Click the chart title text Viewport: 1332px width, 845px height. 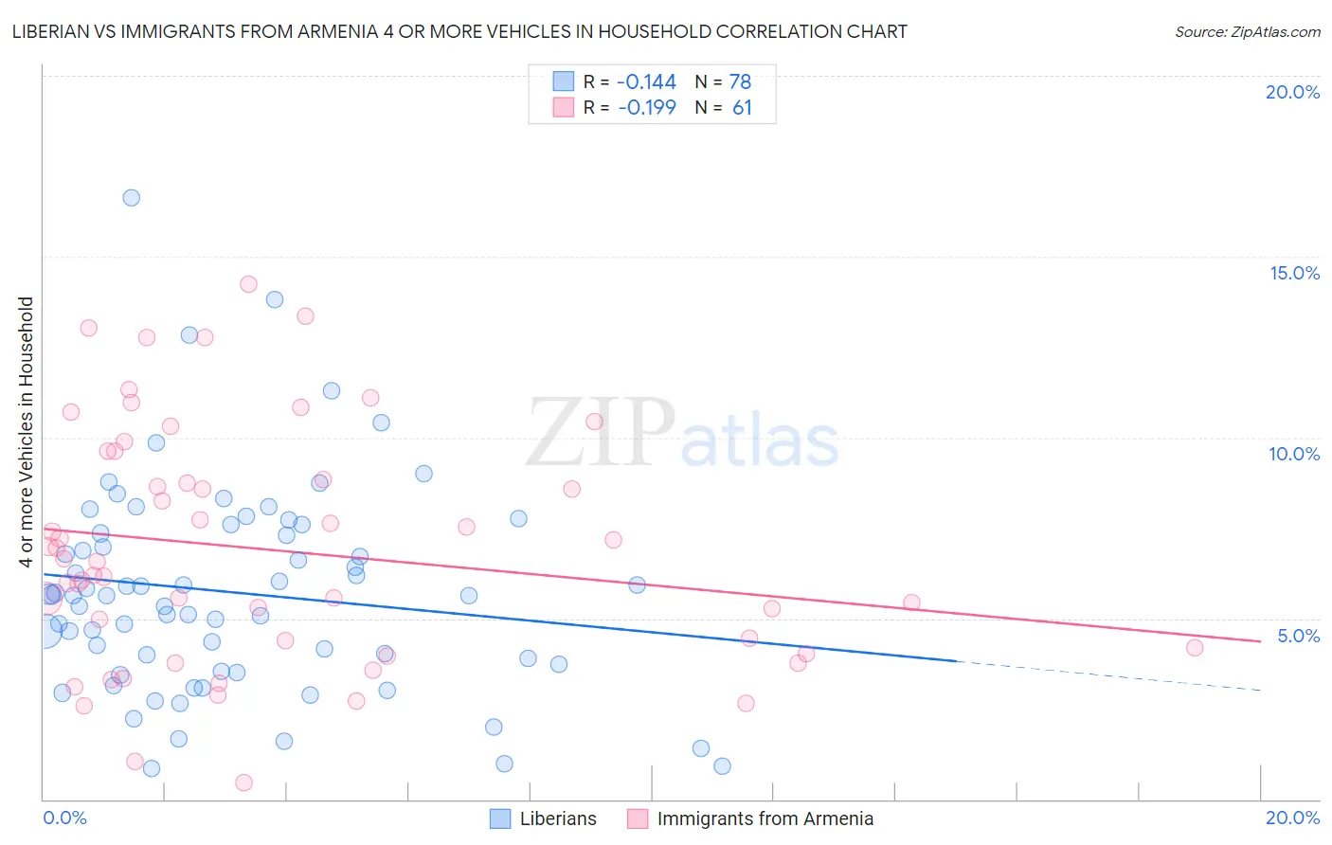pyautogui.click(x=459, y=31)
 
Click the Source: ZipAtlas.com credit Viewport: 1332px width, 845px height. pyautogui.click(x=1247, y=31)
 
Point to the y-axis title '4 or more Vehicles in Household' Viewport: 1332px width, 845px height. pyautogui.click(x=26, y=432)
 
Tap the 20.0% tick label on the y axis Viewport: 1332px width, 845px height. pyautogui.click(x=1292, y=92)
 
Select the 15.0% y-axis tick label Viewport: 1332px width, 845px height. pyautogui.click(x=1294, y=273)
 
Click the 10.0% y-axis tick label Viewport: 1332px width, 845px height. pyautogui.click(x=1294, y=454)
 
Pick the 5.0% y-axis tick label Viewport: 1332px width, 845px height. pyautogui.click(x=1298, y=636)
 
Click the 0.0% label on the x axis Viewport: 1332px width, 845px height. pyautogui.click(x=64, y=818)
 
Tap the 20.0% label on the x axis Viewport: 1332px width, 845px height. pyautogui.click(x=1292, y=818)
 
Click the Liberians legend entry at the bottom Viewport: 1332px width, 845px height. pyautogui.click(x=558, y=818)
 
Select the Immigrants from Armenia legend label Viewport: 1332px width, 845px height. pyautogui.click(x=765, y=818)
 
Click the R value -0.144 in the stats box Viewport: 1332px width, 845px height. pyautogui.click(x=646, y=82)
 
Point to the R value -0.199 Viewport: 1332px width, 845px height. pyautogui.click(x=646, y=108)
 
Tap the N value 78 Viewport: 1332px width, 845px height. pyautogui.click(x=740, y=82)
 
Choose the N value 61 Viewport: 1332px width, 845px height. pyautogui.click(x=742, y=108)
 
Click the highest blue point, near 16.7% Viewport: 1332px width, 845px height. pyautogui.click(x=132, y=198)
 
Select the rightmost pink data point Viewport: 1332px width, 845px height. pyautogui.click(x=1195, y=648)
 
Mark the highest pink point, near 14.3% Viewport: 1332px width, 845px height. pyautogui.click(x=248, y=284)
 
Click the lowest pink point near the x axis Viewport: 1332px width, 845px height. pyautogui.click(x=243, y=782)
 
